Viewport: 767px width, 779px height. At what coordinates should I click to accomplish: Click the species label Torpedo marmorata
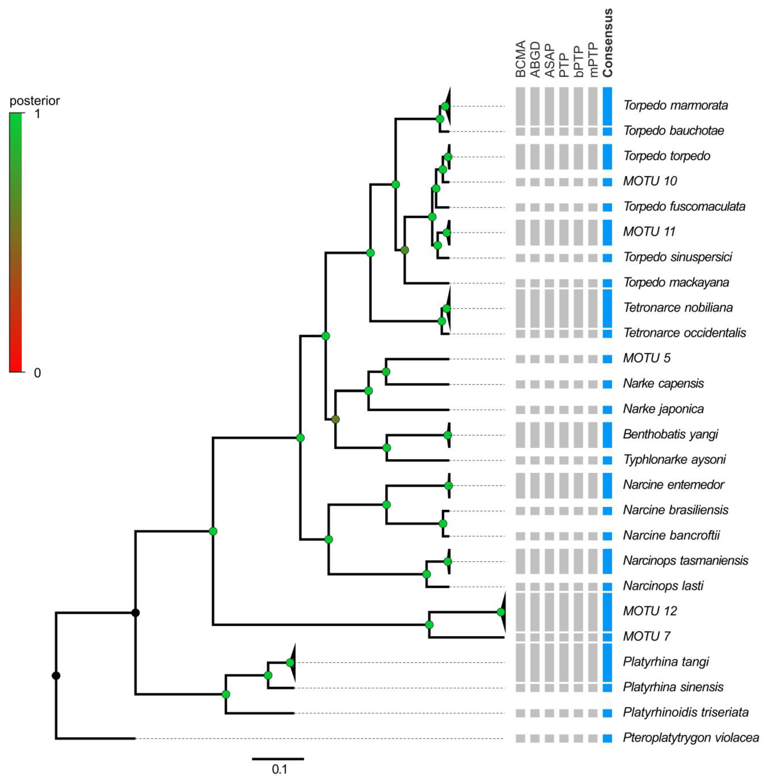[x=676, y=106]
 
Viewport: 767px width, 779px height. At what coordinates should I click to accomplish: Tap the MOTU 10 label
[x=650, y=181]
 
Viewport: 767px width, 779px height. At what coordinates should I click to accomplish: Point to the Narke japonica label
[x=663, y=409]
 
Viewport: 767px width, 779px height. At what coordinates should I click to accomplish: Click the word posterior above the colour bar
[x=35, y=101]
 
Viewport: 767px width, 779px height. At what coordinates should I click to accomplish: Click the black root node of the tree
[x=56, y=675]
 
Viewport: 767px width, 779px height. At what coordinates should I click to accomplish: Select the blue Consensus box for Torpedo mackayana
[x=607, y=283]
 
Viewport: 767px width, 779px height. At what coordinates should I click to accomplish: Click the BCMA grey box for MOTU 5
[x=520, y=359]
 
